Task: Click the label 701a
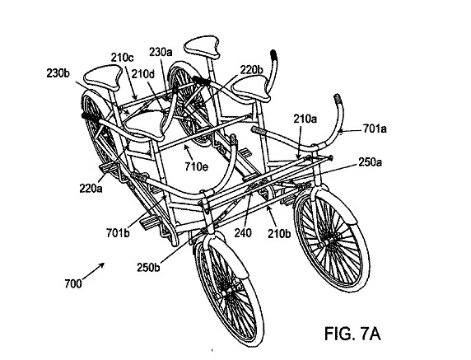coord(375,129)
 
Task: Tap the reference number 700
coord(73,283)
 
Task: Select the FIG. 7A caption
coord(352,333)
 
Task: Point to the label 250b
coord(148,268)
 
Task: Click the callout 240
coord(243,232)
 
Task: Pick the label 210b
coord(279,233)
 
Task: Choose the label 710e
coord(197,166)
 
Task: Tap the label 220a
coord(91,189)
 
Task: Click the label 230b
coord(58,73)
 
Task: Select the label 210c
coord(122,57)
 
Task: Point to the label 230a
coord(161,52)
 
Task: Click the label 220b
coord(251,70)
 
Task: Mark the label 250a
coord(370,162)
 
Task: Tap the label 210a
coord(305,119)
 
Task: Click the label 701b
coord(118,232)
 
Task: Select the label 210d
coord(143,73)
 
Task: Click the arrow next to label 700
coord(93,271)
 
